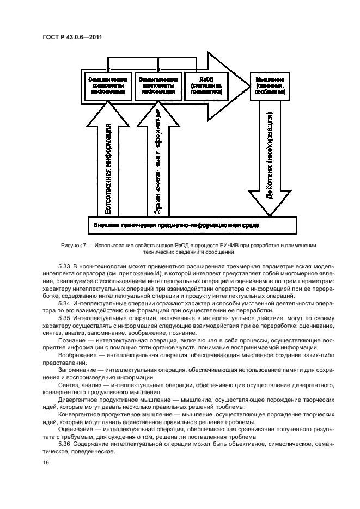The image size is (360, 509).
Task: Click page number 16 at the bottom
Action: point(46,463)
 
